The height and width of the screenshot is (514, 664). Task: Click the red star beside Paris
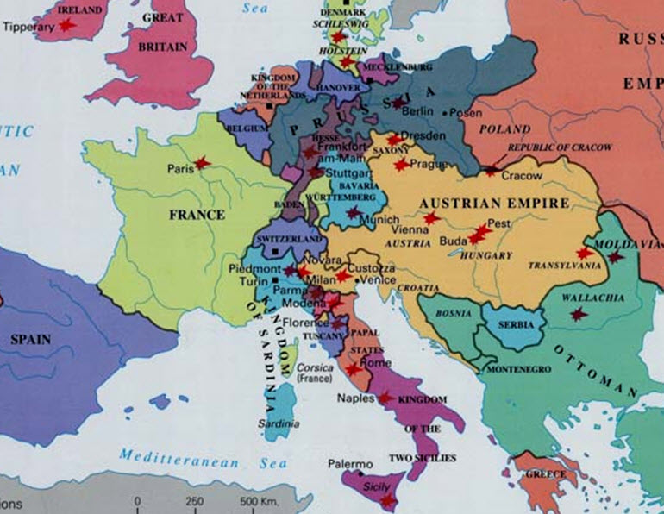[x=202, y=163]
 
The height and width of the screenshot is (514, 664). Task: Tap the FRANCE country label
[x=197, y=214]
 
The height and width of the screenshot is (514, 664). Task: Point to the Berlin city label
[x=417, y=112]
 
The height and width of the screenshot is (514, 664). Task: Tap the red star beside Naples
[x=385, y=398]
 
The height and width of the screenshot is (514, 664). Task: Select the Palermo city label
[x=350, y=465]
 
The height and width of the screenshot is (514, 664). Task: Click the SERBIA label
[x=514, y=324]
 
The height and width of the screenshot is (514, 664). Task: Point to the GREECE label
[x=547, y=474]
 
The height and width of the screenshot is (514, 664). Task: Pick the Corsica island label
[x=315, y=367]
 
